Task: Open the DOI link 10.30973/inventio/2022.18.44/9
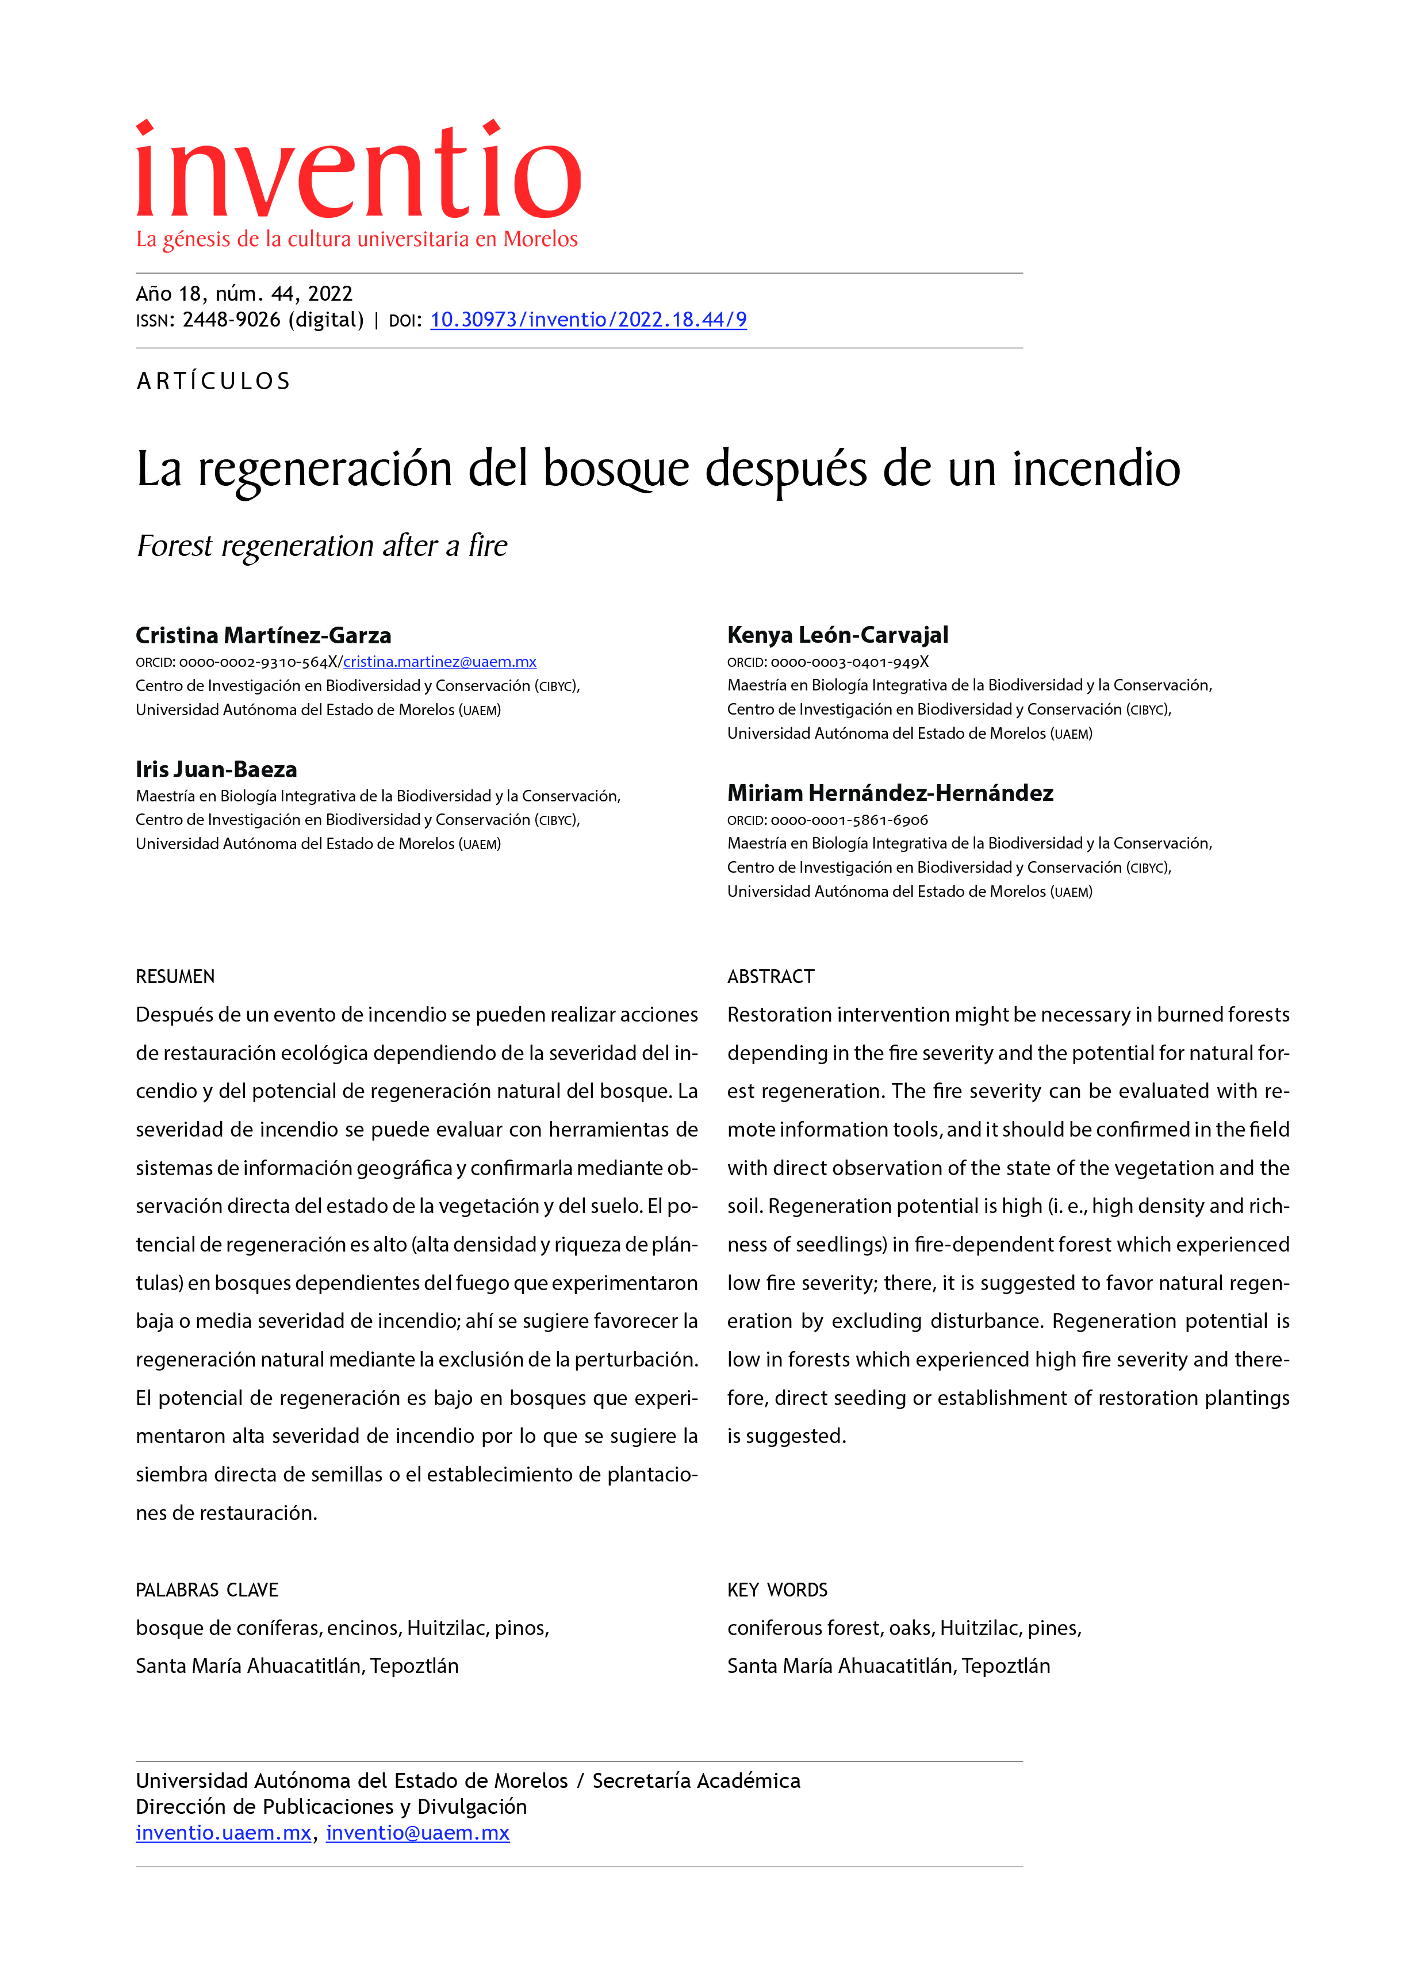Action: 588,320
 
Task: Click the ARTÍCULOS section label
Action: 214,381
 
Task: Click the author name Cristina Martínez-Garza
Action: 263,635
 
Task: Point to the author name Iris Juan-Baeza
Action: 216,769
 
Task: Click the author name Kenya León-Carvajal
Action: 837,635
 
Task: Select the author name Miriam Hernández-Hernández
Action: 890,793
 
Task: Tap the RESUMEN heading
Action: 175,977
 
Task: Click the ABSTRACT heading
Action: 770,977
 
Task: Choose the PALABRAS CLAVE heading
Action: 206,1590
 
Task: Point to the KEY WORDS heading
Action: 777,1590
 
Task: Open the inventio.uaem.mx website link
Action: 223,1833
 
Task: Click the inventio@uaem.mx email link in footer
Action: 417,1833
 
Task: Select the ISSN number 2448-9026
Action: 231,320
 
